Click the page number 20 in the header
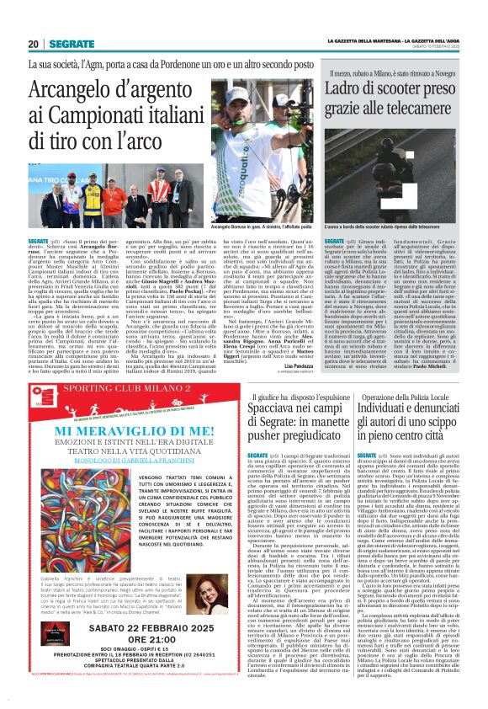pos(33,44)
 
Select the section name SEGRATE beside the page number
pos(71,44)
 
